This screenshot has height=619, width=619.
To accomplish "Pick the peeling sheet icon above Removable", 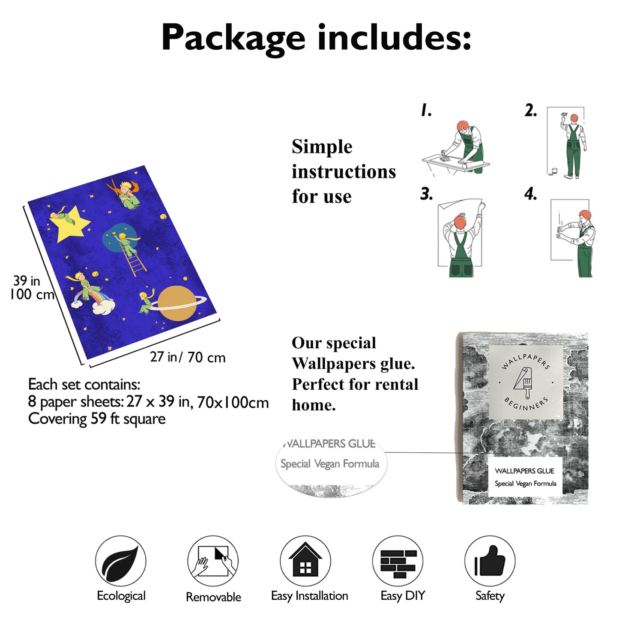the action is point(213,562).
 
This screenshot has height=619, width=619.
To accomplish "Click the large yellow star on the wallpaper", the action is point(71,224).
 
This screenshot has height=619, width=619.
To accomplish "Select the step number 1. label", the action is point(426,110).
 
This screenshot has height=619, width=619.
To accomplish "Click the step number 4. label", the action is point(530,194).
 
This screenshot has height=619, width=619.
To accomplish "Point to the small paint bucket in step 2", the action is point(554,171).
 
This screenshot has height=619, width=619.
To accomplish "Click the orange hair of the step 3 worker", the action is point(460,222).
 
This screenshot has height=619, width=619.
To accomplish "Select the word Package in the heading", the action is point(233,39).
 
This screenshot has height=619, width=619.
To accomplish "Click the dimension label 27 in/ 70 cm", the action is point(188,357).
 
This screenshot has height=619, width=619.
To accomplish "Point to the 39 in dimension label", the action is point(27,281).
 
